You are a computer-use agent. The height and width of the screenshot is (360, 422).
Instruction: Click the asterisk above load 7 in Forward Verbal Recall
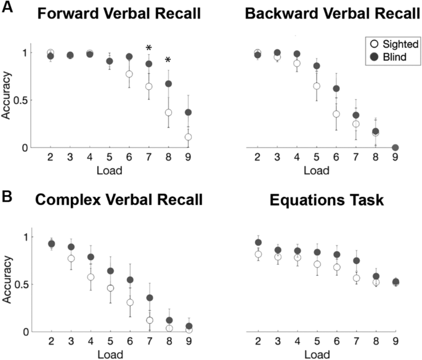[x=148, y=49]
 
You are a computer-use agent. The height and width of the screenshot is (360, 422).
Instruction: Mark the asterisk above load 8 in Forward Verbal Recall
[x=167, y=61]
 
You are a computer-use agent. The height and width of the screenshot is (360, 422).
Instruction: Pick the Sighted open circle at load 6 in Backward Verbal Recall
[x=336, y=114]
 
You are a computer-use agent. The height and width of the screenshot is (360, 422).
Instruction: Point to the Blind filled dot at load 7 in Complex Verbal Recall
[x=148, y=298]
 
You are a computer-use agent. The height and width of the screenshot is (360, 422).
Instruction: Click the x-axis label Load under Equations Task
[x=318, y=354]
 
